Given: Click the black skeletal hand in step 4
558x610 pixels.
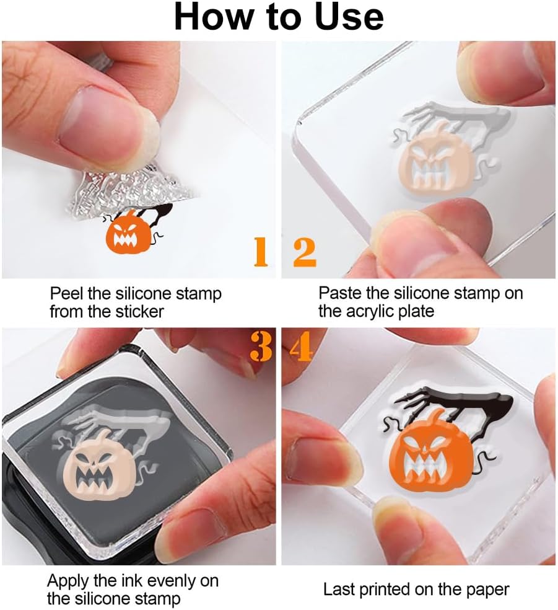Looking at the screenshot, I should click(x=458, y=404).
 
